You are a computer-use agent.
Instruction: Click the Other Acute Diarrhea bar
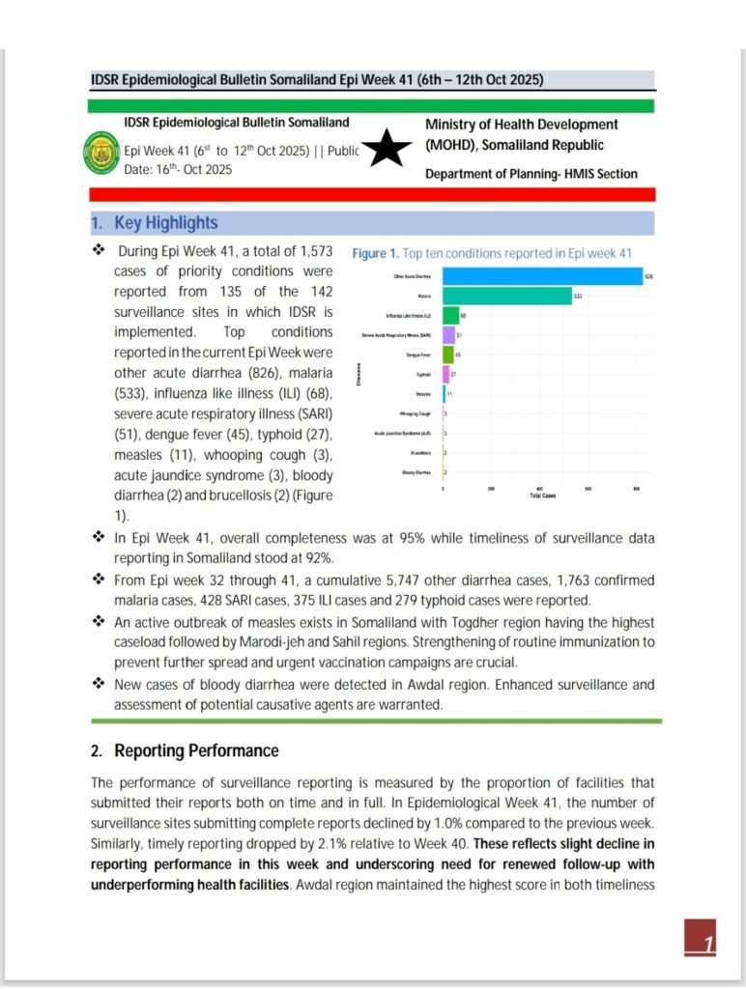[542, 276]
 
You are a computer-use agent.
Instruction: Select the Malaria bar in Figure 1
[507, 296]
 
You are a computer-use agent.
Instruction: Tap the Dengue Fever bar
[447, 354]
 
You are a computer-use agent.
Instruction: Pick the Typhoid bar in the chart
[445, 374]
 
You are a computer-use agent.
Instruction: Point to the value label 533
[578, 296]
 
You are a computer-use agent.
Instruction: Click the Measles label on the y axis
[423, 394]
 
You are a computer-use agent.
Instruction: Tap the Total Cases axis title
[542, 495]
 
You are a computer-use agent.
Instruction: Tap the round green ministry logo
[102, 151]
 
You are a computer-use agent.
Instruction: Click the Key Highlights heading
[165, 223]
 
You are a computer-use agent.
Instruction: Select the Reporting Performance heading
[196, 750]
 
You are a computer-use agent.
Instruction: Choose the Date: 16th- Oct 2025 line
[179, 170]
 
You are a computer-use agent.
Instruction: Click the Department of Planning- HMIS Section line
[531, 174]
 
